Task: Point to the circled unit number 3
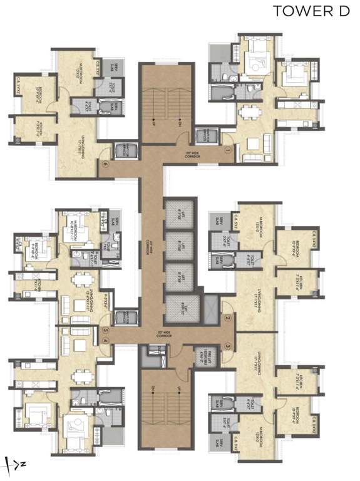point(229,346)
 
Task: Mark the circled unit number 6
point(106,165)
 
